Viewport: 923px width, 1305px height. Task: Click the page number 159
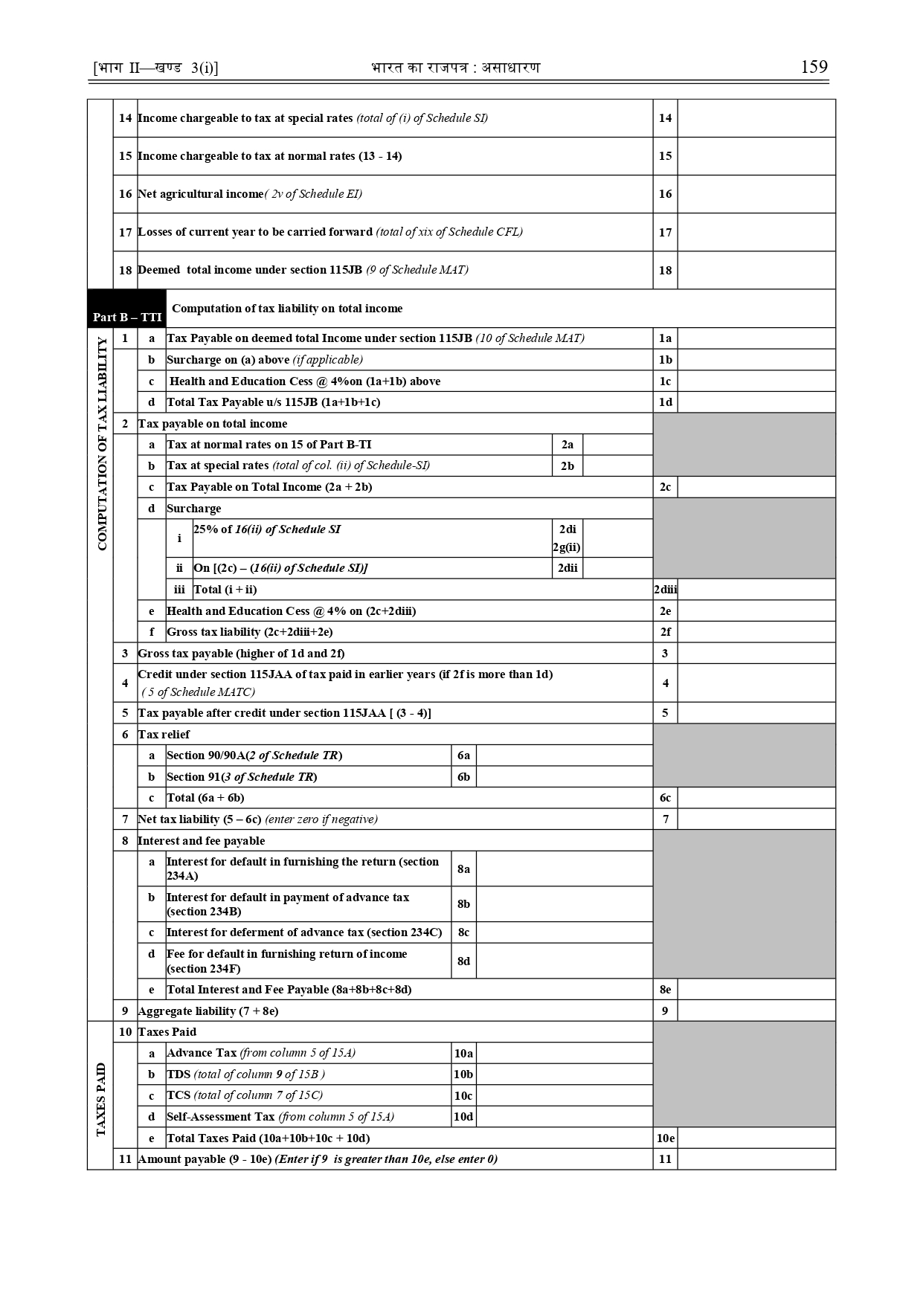[814, 67]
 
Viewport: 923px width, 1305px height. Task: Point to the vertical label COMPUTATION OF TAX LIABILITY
[102, 444]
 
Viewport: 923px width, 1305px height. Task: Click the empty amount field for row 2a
[617, 445]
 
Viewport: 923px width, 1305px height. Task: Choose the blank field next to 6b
[564, 777]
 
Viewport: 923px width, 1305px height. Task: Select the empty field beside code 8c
[564, 932]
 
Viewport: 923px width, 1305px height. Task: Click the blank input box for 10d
[564, 1117]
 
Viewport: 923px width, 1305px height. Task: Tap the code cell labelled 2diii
[665, 590]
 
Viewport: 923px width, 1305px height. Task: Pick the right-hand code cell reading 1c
[665, 381]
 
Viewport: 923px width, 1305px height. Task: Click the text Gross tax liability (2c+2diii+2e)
[249, 632]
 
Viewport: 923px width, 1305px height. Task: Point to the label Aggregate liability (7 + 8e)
[208, 1011]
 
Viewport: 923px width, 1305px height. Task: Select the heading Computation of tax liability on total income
[287, 309]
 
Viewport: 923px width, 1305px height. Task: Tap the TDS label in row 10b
[179, 1074]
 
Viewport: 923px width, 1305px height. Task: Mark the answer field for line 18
[756, 270]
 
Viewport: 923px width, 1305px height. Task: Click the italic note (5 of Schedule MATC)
[199, 692]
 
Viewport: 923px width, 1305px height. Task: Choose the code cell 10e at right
[665, 1138]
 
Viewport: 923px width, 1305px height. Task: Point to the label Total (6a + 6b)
[205, 798]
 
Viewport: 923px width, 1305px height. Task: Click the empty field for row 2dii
[617, 568]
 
